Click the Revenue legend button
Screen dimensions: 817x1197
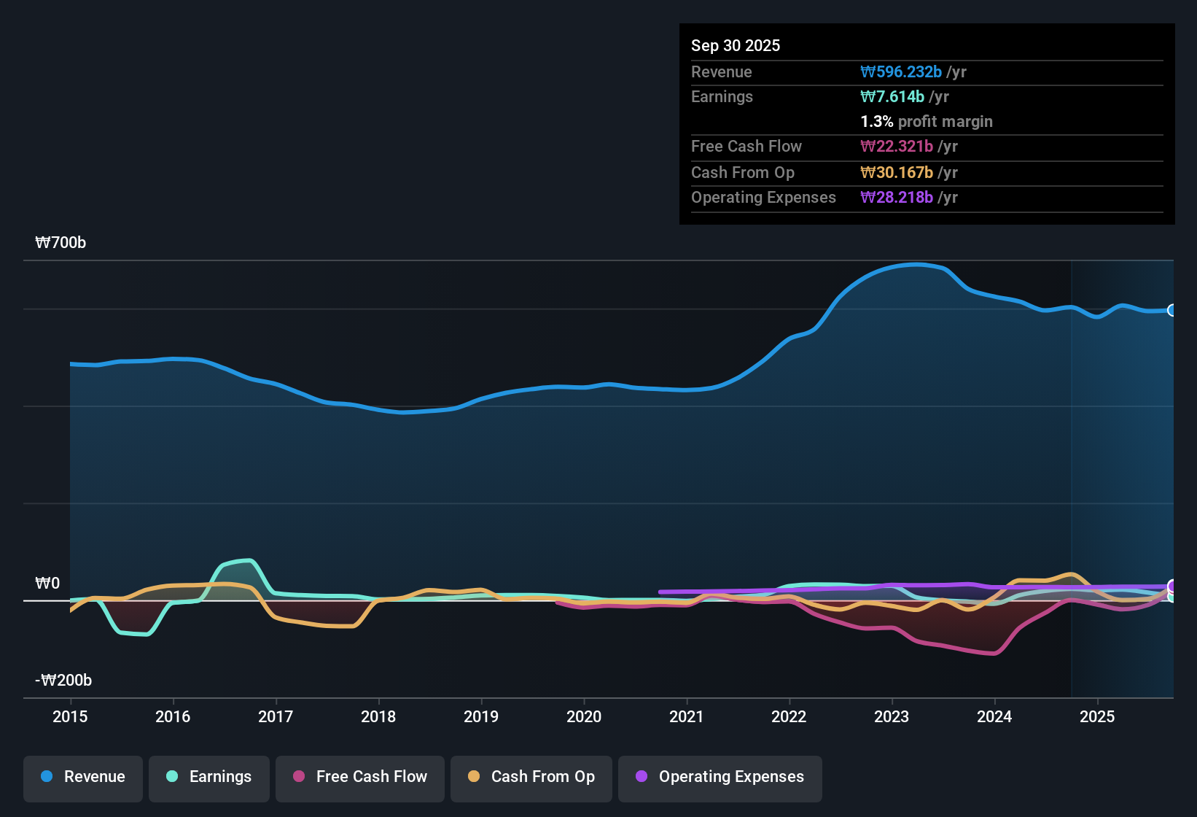coord(83,777)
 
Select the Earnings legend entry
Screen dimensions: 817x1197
coord(209,777)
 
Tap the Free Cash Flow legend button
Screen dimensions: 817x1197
coord(360,777)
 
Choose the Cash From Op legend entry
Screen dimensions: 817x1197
coord(531,777)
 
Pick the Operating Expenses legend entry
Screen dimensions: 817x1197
coord(720,777)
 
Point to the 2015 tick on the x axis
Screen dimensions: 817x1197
coord(70,716)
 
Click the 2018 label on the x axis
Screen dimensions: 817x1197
coord(378,716)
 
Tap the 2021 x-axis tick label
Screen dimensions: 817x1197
coord(686,716)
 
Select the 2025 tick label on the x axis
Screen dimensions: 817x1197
coord(1096,716)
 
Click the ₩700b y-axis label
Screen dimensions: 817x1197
coord(61,243)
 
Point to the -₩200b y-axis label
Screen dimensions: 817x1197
coord(63,681)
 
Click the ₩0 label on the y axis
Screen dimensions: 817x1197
coord(47,584)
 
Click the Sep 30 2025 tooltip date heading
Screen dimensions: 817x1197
coord(735,45)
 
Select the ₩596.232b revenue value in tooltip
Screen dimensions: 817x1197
coord(901,71)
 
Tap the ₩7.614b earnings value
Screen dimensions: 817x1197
coord(892,96)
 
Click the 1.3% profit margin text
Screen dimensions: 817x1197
coord(927,121)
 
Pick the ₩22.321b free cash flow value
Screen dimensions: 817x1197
coord(897,146)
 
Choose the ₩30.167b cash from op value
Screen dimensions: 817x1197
coord(897,172)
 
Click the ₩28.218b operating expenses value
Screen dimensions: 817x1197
coord(897,197)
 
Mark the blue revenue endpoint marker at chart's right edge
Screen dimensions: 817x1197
coord(1171,310)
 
